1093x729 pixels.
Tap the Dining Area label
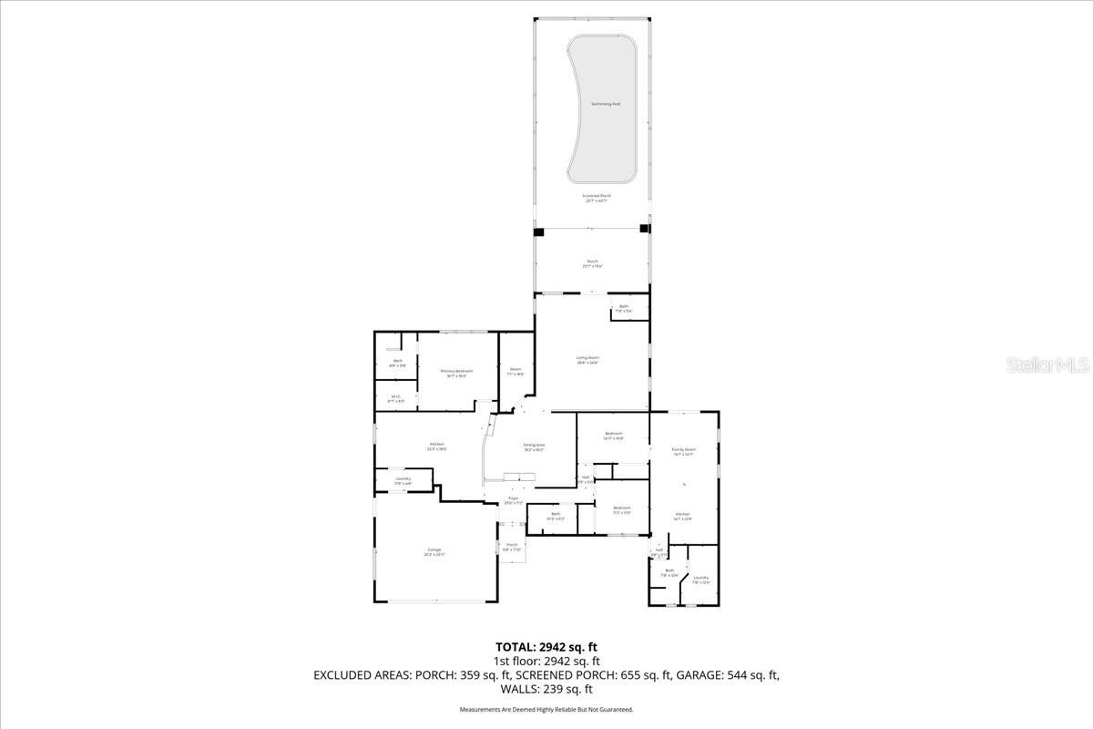[x=533, y=447]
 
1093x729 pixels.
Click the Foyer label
[x=512, y=500]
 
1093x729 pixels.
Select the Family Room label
[x=683, y=451]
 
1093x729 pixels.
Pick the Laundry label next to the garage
[x=402, y=480]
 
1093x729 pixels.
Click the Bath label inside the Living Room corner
[x=624, y=308]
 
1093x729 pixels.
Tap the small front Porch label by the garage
[x=511, y=547]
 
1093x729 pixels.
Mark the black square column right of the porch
[x=645, y=229]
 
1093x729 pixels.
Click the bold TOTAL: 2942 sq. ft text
[x=546, y=647]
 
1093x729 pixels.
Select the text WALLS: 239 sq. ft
[x=546, y=689]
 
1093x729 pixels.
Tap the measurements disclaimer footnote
[x=546, y=709]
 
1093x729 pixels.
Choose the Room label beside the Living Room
[x=515, y=371]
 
